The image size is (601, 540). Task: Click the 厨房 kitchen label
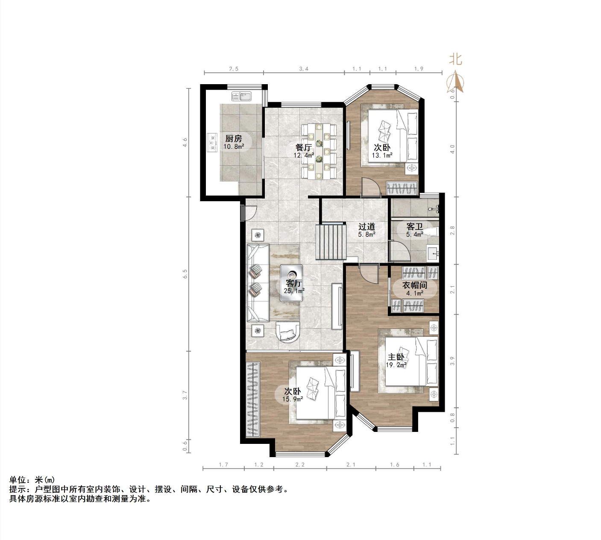pos(234,138)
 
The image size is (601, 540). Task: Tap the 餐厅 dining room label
pos(303,147)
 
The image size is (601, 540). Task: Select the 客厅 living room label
pos(294,283)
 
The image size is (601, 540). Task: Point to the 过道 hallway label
pos(366,227)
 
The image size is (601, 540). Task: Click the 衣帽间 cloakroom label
pos(415,285)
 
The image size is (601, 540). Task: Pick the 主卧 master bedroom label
pos(396,357)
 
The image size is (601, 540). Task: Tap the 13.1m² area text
pos(382,155)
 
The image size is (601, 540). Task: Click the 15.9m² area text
pos(293,399)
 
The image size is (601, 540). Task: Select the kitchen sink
pos(241,96)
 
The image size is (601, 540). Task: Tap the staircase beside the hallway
pos(331,242)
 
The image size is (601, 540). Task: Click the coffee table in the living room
pos(291,283)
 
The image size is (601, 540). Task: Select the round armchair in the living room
pos(288,332)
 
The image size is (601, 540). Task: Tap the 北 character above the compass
pos(455,59)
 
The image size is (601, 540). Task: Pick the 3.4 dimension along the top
pos(303,69)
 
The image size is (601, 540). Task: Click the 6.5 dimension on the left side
pos(185,273)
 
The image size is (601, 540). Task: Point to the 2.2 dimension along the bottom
pos(300,465)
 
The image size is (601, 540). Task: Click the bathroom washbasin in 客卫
pos(433,253)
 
